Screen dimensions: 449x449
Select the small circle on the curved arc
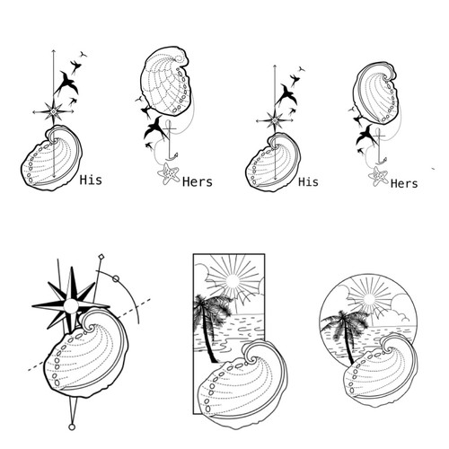coord(115,279)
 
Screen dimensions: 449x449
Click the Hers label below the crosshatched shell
coord(197,181)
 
